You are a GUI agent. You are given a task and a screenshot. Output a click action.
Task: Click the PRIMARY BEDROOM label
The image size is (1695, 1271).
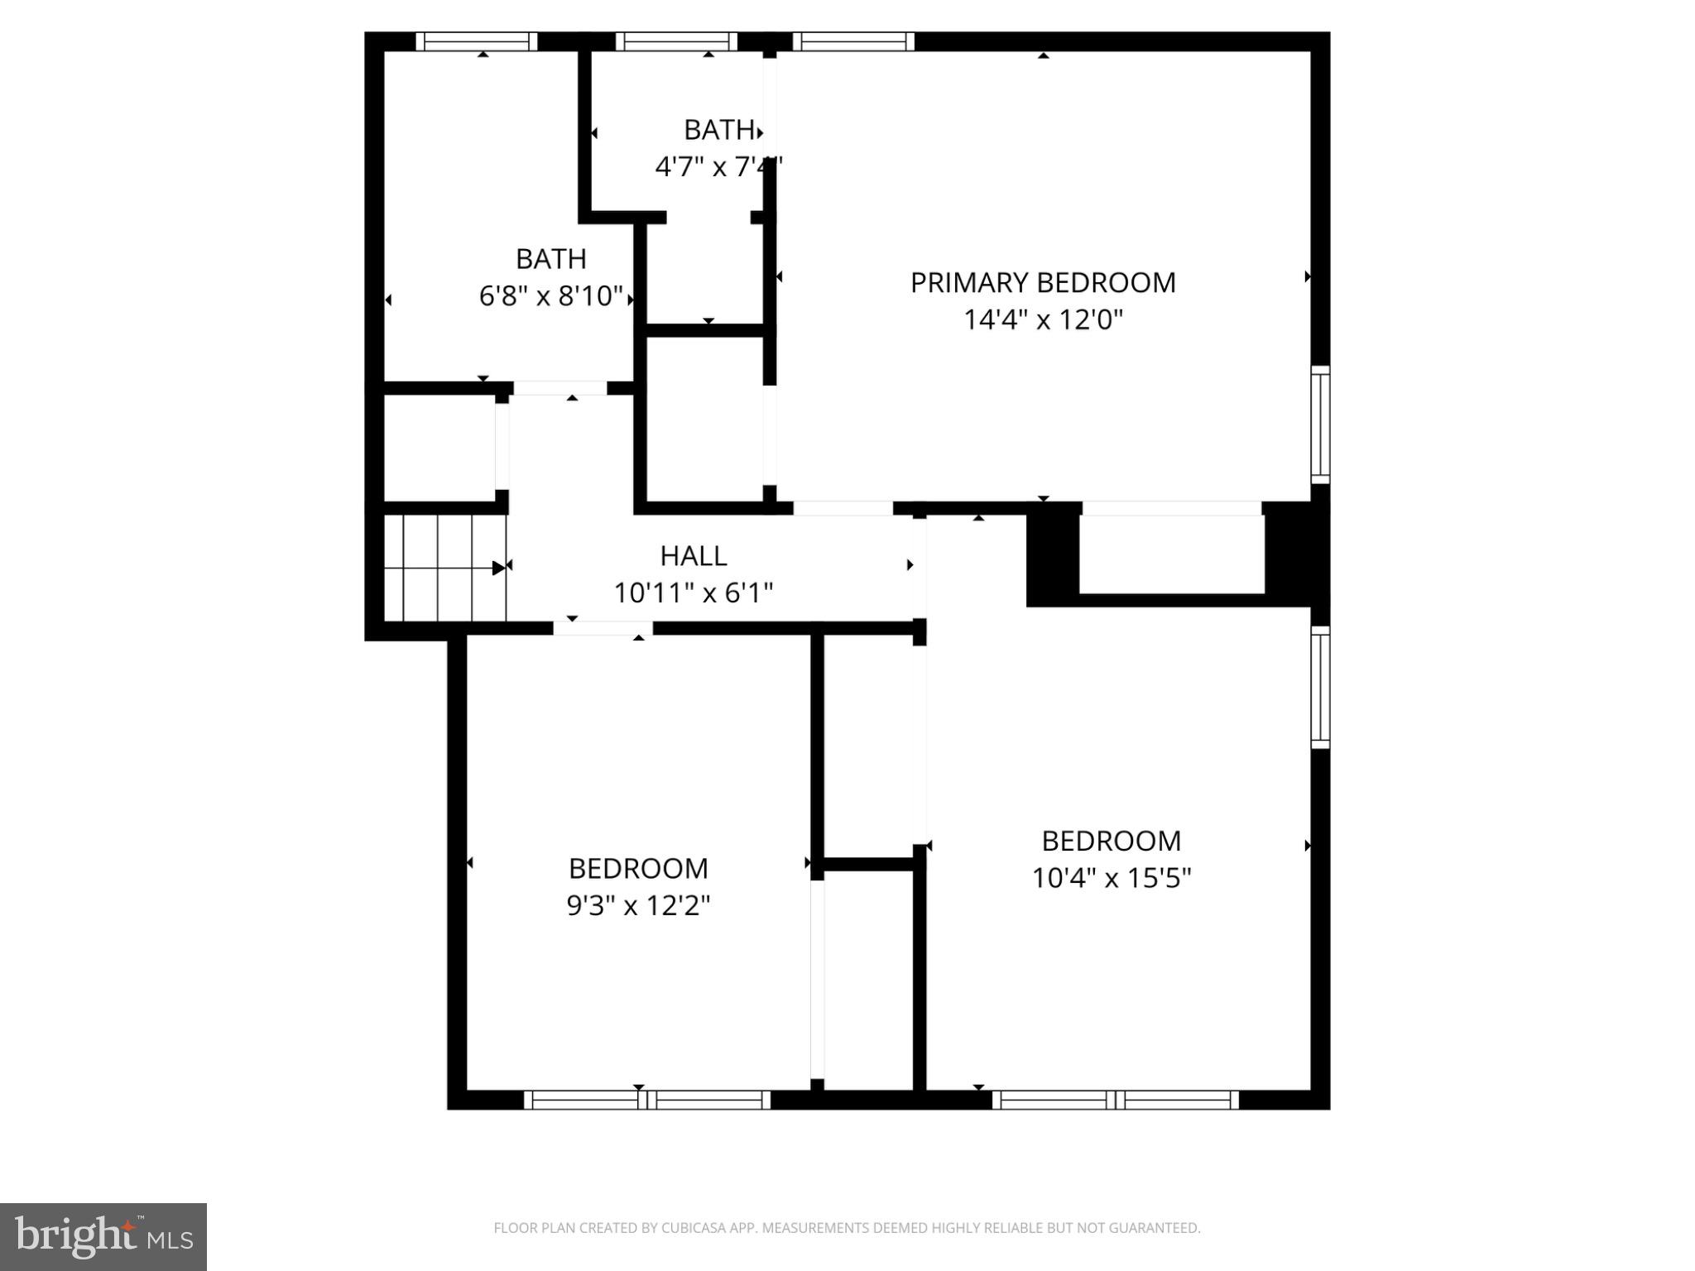point(1042,283)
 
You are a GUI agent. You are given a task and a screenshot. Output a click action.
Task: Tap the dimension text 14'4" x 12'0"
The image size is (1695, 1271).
point(1042,320)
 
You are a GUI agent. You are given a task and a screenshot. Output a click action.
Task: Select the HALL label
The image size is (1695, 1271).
point(693,556)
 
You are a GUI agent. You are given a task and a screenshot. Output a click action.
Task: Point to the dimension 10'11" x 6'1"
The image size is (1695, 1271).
point(693,593)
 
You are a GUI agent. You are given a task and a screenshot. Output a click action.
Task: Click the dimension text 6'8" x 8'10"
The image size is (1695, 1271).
point(550,296)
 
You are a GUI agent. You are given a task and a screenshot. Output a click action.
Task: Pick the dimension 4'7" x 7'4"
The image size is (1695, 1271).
point(717,168)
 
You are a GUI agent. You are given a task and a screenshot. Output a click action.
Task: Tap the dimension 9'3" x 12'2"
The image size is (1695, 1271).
point(638,906)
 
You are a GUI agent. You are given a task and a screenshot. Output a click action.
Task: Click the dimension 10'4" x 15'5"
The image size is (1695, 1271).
point(1111,878)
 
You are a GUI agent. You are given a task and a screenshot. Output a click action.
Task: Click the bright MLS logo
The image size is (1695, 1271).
point(103,1237)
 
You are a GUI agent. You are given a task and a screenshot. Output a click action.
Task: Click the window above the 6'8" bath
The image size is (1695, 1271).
point(476,41)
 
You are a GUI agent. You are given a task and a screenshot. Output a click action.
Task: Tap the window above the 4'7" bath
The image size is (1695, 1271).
point(676,41)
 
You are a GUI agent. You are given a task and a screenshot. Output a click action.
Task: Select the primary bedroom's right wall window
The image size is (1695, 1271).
point(1320,424)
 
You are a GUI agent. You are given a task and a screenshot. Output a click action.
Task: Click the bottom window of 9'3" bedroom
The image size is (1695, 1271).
point(647,1100)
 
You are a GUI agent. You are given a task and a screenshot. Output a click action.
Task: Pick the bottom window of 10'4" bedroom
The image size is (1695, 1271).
point(1115,1100)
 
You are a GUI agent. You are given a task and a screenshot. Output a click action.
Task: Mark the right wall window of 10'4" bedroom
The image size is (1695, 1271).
point(1320,687)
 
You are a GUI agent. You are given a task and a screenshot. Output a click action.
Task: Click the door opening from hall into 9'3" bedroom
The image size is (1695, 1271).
point(603,629)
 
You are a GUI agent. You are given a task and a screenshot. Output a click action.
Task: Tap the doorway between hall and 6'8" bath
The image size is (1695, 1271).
point(560,388)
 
